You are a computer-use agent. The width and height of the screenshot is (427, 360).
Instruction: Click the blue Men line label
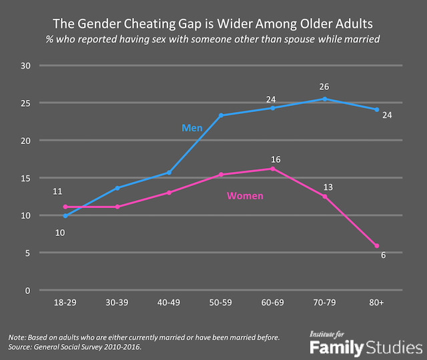click(192, 127)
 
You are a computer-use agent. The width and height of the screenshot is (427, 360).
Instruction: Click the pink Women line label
click(245, 196)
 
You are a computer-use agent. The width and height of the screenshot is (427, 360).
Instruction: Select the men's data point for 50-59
click(221, 115)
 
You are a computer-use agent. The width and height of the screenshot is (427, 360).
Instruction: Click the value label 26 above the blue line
click(325, 86)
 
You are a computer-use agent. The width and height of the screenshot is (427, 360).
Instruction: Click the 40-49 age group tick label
click(169, 303)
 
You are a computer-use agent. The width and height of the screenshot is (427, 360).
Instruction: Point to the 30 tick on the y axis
click(27, 66)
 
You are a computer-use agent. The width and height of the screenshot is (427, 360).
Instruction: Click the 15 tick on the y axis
click(27, 178)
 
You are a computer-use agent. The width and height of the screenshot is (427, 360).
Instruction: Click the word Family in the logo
click(336, 347)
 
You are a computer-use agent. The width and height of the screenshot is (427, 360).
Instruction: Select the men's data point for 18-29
click(65, 216)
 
